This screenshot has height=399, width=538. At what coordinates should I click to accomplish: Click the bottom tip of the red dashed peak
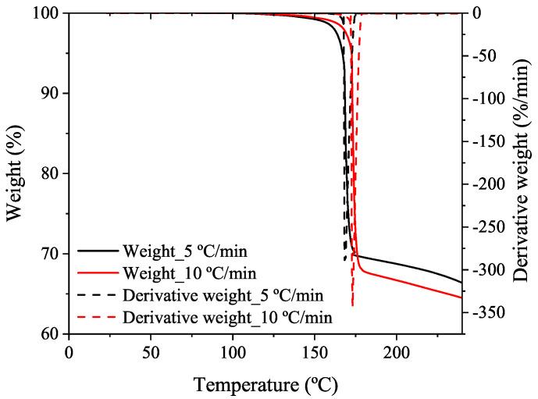point(353,305)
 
